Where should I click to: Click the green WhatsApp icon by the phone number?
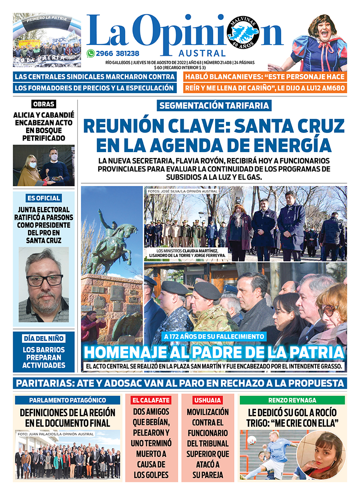[x=90, y=53]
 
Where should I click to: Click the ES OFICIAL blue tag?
[x=44, y=198]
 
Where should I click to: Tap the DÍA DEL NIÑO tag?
[x=44, y=338]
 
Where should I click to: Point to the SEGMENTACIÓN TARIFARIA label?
[x=214, y=106]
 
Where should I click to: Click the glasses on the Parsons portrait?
[x=45, y=280]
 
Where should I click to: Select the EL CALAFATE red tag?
[x=151, y=400]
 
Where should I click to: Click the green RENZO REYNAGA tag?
[x=292, y=400]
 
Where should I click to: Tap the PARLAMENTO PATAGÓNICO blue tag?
[x=67, y=400]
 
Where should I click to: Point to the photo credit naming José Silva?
[x=182, y=191]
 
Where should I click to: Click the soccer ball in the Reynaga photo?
[x=252, y=440]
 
